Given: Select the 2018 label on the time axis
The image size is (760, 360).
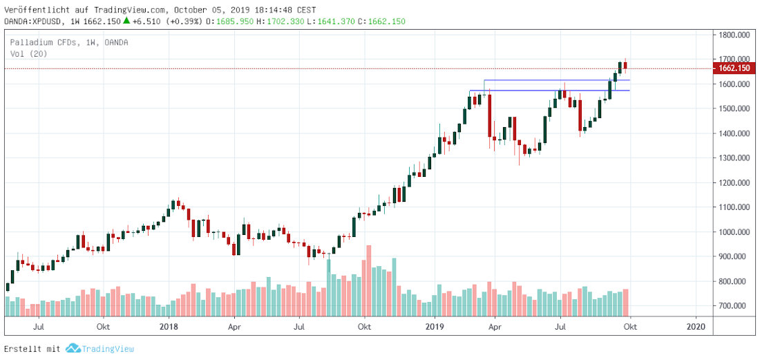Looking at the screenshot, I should [x=169, y=325].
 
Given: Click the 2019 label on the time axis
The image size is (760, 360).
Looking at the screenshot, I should [x=434, y=325].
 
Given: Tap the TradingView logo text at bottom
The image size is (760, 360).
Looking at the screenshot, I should [x=108, y=350].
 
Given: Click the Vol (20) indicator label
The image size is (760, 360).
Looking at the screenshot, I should [x=28, y=53].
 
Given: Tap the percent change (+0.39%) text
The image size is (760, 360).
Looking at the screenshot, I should [x=185, y=21].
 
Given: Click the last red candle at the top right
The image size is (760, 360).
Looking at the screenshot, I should [x=625, y=66].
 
